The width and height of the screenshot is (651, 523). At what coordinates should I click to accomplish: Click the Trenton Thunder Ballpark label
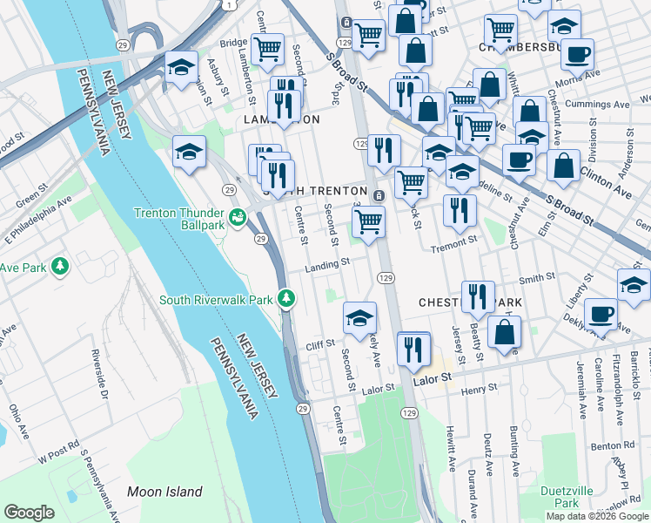coord(178,218)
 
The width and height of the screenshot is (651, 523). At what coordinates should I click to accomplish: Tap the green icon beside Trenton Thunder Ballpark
coord(237,214)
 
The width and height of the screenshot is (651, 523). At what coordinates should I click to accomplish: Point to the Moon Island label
coord(164,492)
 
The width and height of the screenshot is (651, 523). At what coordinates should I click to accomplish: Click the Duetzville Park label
coord(566,496)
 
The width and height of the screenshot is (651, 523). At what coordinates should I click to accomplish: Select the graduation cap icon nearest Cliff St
coord(358,318)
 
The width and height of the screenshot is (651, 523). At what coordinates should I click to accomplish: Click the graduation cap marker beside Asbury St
coord(181,68)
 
